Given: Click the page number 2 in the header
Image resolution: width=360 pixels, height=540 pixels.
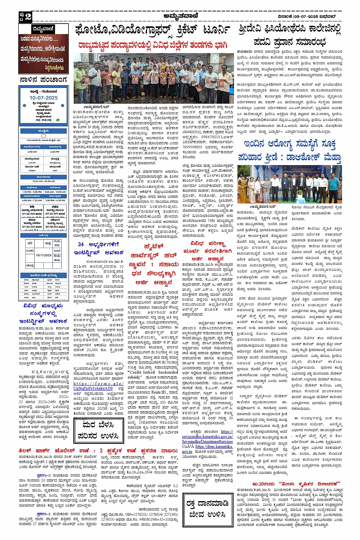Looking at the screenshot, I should (x=28, y=16).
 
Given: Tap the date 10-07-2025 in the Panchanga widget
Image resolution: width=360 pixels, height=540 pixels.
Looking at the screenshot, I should (x=43, y=97).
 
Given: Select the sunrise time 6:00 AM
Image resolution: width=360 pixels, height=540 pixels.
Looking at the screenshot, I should (x=32, y=152).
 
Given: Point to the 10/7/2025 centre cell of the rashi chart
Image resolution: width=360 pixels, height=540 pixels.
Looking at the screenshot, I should (x=43, y=255).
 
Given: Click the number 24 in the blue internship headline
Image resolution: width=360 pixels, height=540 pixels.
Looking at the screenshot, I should (x=81, y=244).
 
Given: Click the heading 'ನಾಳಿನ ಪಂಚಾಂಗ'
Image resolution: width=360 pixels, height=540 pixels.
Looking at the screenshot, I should (x=43, y=80).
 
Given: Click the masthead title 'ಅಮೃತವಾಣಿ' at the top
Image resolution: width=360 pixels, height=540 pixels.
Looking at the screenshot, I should (x=179, y=16).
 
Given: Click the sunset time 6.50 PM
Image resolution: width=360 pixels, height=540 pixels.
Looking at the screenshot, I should (x=54, y=152).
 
